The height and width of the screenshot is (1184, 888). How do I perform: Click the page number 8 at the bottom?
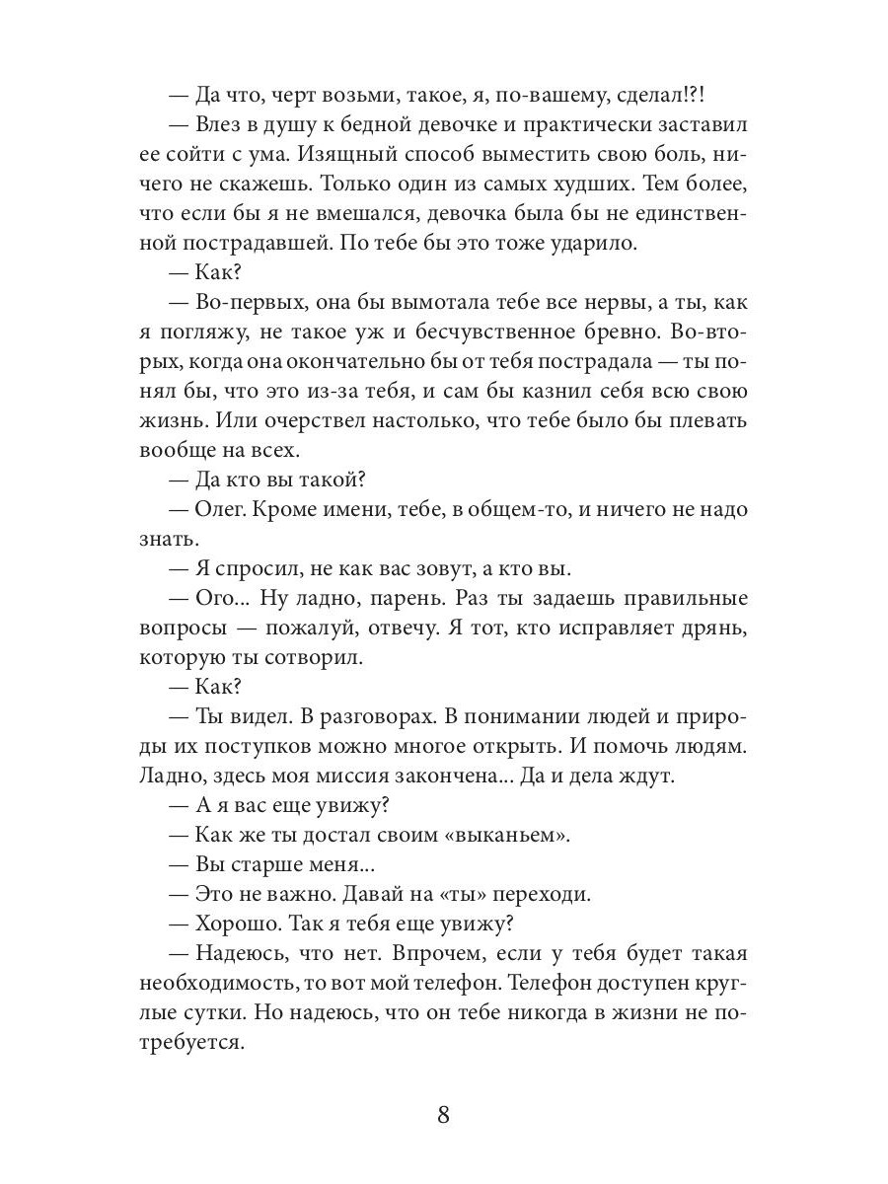[x=443, y=1116]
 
